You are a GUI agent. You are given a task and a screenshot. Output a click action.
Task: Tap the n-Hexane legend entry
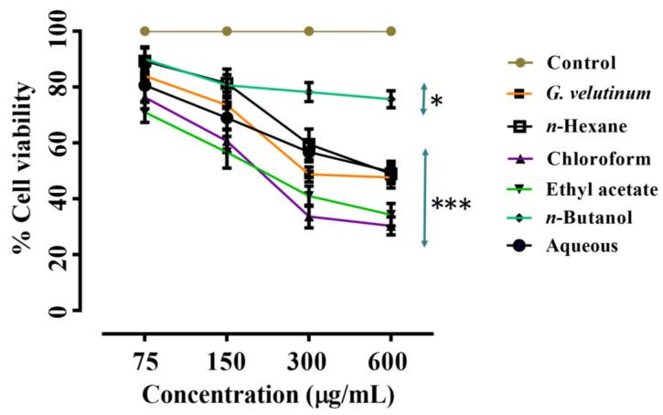tap(586, 126)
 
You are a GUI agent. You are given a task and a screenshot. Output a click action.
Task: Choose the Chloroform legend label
tap(592, 157)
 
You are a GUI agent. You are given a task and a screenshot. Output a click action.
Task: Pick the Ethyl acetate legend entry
tap(601, 188)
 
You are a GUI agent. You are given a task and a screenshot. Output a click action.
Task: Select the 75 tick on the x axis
tap(144, 359)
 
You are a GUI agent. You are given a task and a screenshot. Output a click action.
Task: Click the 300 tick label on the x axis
tap(309, 359)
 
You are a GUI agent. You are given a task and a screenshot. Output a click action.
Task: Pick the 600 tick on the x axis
tap(391, 359)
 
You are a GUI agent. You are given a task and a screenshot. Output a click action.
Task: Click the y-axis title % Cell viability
tap(23, 169)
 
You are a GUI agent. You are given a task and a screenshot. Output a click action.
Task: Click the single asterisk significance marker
tap(436, 101)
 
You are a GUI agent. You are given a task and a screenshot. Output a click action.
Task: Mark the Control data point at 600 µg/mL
tap(391, 31)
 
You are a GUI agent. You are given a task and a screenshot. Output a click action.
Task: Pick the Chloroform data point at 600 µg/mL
tap(391, 226)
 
